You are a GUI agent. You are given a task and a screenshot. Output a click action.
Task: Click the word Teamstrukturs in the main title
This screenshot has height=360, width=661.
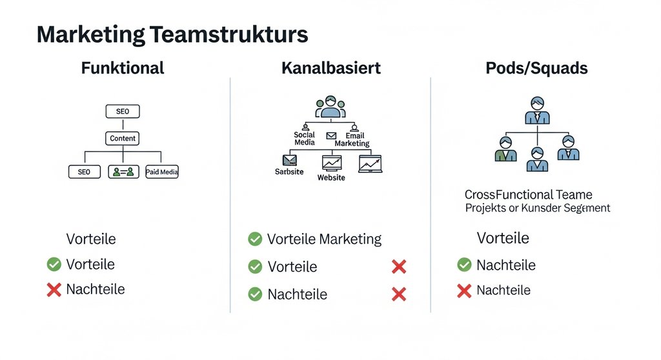point(228,35)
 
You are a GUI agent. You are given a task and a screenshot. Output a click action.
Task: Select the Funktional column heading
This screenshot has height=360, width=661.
point(123,68)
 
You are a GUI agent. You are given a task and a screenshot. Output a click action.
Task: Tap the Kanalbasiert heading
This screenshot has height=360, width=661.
point(330,68)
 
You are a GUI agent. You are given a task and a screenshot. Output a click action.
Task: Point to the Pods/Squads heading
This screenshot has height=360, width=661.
point(536,68)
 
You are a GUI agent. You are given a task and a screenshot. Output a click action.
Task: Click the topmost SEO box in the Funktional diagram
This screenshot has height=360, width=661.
point(122,112)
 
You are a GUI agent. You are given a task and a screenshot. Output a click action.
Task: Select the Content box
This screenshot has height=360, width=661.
point(123,138)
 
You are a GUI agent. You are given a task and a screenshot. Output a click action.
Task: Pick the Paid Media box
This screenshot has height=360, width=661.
point(162,172)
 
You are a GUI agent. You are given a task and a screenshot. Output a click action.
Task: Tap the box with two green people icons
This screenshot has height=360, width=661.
point(123,172)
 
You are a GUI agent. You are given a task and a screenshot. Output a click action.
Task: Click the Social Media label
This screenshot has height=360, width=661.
point(304,139)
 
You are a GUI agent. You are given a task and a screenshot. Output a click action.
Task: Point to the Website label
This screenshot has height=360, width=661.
point(331,177)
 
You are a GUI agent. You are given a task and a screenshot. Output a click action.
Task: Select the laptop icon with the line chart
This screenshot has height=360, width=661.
point(371,163)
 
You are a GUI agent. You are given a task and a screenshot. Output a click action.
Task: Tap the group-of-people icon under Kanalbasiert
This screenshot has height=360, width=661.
point(330,108)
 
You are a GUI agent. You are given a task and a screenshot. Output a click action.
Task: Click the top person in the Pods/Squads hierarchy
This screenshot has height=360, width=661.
point(537,110)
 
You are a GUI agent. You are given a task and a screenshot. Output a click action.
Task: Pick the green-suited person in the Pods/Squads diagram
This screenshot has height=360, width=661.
point(505,149)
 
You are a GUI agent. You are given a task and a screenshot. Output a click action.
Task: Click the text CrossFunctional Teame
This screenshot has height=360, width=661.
point(528,194)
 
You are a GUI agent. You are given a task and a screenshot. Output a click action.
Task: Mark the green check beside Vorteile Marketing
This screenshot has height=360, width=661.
point(255,239)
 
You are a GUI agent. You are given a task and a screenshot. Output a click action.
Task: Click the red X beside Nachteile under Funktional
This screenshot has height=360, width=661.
point(54,290)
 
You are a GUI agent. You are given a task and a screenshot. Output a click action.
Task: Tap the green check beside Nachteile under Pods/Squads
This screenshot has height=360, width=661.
point(464,265)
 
